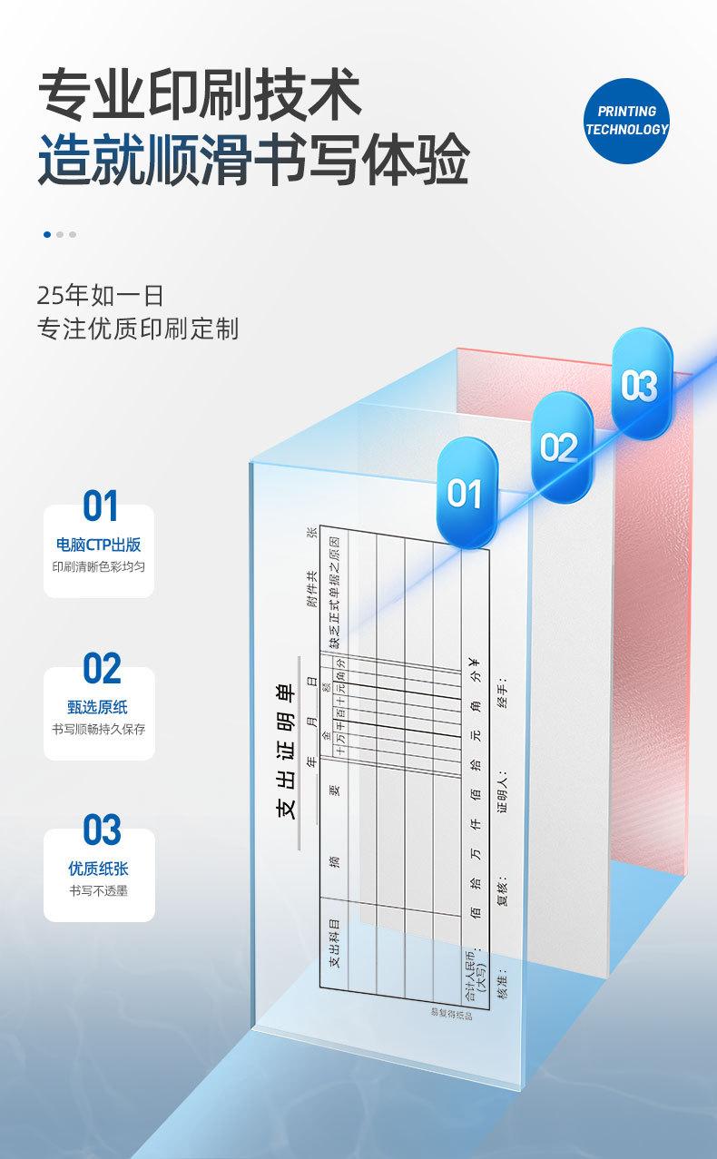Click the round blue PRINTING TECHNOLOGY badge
(626, 120)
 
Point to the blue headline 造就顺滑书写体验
(254, 161)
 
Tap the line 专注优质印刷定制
(138, 329)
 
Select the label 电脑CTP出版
(99, 545)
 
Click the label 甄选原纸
(99, 707)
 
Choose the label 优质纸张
(99, 869)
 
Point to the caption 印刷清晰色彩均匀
(99, 565)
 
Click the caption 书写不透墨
(99, 890)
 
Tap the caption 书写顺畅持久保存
(99, 729)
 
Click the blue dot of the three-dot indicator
(47, 234)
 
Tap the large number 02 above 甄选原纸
(101, 669)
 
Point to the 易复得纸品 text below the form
(451, 1014)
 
